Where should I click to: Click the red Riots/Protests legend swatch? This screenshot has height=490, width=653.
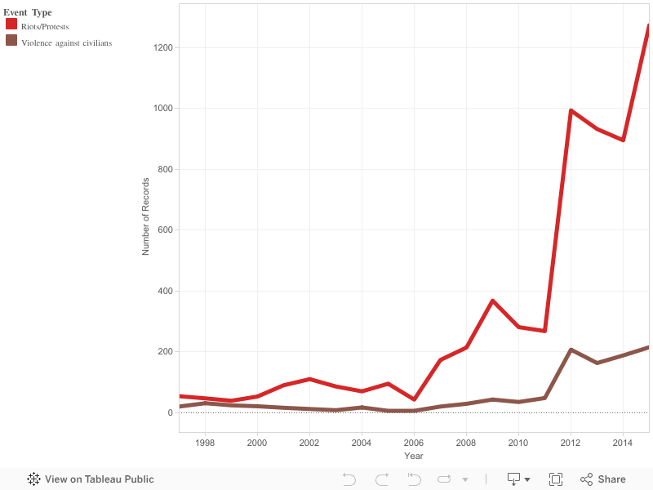(11, 24)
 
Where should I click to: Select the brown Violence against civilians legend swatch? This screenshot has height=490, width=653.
(11, 41)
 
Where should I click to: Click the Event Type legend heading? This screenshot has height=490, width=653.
(28, 12)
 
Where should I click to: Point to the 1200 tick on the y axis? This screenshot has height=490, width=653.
(162, 47)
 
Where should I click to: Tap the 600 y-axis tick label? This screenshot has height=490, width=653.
(165, 229)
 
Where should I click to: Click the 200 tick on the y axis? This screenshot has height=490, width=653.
(165, 351)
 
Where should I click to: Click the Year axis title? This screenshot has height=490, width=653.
(414, 455)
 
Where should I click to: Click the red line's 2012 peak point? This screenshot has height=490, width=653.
(571, 110)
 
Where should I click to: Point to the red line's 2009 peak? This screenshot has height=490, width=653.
(493, 301)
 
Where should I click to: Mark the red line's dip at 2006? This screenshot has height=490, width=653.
(414, 399)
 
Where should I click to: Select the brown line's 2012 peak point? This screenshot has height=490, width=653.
(571, 350)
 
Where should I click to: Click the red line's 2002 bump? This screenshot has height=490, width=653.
(309, 379)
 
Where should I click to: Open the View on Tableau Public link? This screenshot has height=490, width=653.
(91, 479)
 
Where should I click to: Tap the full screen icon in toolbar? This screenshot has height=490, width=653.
(556, 479)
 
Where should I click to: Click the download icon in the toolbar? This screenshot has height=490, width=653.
(514, 479)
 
